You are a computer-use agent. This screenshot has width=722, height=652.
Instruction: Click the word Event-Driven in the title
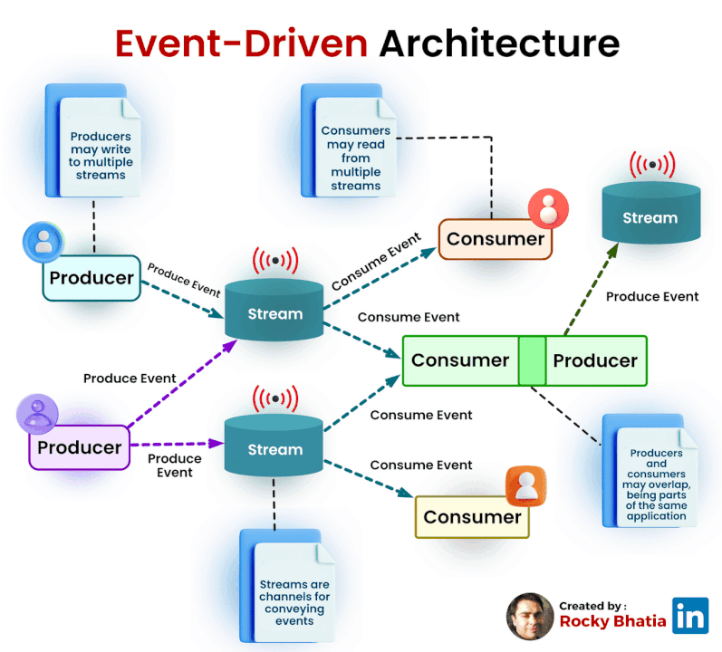point(242,43)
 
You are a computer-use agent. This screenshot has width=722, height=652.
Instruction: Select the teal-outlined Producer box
point(91,278)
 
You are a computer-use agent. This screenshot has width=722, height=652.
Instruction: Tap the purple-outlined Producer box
point(79,447)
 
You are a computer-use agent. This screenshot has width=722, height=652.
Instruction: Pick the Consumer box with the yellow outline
point(472,517)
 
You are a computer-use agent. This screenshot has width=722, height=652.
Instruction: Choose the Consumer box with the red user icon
point(496,239)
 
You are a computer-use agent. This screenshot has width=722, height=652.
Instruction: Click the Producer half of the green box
point(595,360)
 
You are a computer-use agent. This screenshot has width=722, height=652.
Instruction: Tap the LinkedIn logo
point(690,616)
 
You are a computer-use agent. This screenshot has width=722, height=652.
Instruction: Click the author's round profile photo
point(529,617)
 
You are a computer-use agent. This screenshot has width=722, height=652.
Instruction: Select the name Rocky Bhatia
point(612,621)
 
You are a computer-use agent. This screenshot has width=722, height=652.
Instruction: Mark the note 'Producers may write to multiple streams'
point(100,149)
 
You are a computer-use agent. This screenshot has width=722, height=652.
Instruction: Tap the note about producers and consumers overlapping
point(656,475)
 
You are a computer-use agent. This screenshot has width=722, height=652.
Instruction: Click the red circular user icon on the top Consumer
point(546,207)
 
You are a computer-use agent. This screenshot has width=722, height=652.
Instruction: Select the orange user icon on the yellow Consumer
point(524,486)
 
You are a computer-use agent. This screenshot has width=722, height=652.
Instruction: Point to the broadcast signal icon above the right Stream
point(652,166)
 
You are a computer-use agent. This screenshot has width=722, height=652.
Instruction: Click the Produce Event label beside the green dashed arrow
point(651,296)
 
